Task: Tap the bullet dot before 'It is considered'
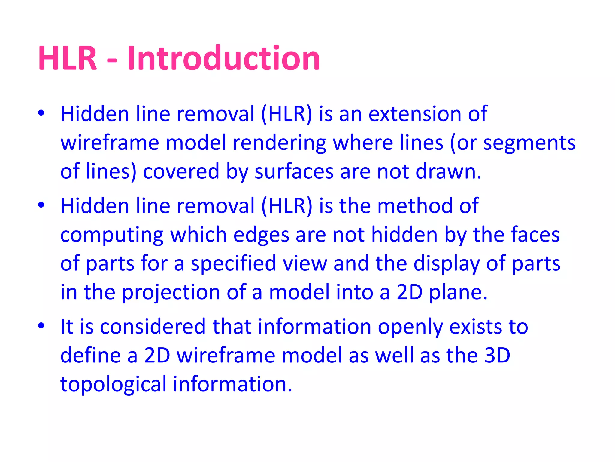click(41, 325)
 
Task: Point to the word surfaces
click(294, 171)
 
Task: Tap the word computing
click(112, 235)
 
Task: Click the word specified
click(233, 263)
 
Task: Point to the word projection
click(171, 292)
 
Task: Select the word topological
click(113, 384)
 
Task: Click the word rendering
click(279, 143)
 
